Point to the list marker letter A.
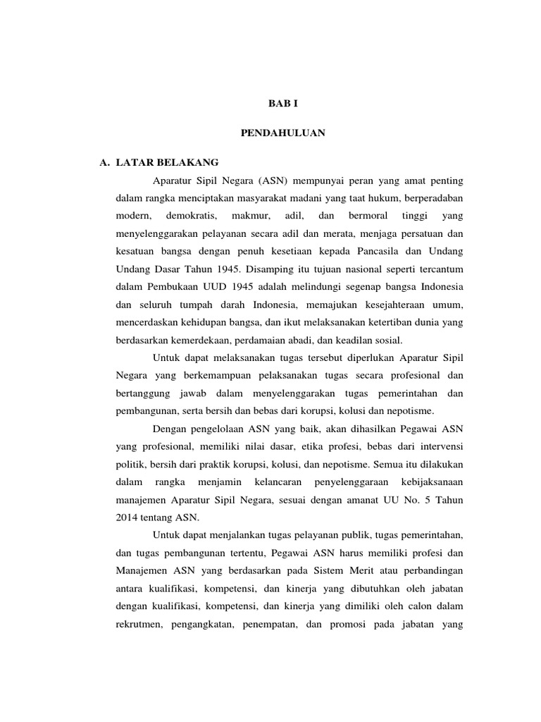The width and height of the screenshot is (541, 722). [106, 162]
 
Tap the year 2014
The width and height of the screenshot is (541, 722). [128, 517]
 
